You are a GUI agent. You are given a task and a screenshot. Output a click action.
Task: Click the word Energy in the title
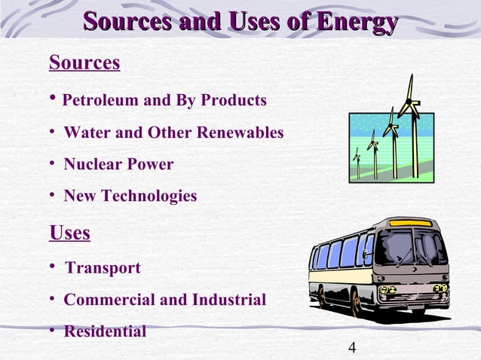click(357, 22)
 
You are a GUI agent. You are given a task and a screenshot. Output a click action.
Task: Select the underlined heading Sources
click(84, 63)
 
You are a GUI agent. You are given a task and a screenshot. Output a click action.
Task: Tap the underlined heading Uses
click(69, 233)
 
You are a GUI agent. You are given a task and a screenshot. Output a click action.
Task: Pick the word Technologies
click(155, 196)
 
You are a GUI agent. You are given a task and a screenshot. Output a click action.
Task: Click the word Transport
click(103, 268)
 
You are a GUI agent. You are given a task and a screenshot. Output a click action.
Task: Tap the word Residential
click(105, 331)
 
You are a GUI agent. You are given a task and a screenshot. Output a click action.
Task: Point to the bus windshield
click(411, 249)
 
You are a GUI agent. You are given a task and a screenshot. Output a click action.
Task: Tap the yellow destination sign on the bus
click(410, 223)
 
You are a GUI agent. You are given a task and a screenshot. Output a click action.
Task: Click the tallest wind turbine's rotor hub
click(408, 101)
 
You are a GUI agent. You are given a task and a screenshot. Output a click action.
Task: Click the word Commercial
click(110, 300)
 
